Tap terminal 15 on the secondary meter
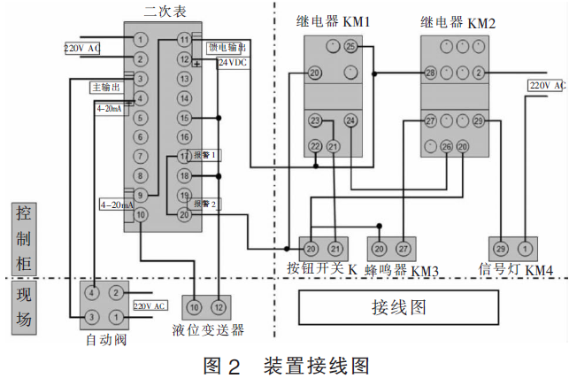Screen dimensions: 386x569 tap(184, 118)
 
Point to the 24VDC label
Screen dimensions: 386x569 tap(232, 63)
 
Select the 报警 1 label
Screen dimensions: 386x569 tap(205, 155)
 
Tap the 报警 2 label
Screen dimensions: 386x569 tap(205, 203)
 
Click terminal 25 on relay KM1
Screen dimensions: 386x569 tap(350, 46)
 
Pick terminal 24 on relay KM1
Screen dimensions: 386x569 tap(350, 120)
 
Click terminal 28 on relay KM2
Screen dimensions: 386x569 tap(431, 73)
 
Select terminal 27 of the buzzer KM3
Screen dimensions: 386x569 tap(403, 249)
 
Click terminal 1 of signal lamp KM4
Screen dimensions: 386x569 tap(524, 249)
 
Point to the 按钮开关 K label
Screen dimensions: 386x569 tap(322, 268)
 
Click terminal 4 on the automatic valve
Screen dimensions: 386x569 tap(92, 292)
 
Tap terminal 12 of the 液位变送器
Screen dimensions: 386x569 tap(218, 306)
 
